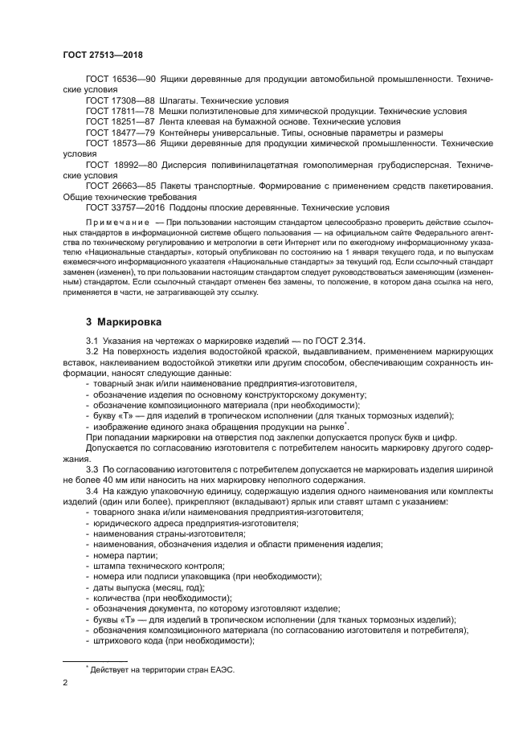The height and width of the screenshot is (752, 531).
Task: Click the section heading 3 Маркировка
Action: pos(124,322)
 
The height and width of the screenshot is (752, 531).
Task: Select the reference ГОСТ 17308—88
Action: pos(120,100)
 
